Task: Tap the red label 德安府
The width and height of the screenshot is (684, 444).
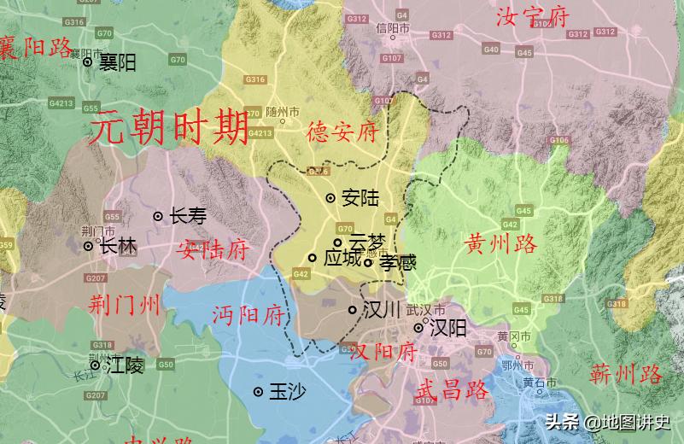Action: [342, 132]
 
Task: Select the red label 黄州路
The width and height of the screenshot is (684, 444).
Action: [501, 244]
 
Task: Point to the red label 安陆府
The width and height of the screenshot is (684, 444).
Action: [213, 250]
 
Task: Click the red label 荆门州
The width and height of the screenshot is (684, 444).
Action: [125, 303]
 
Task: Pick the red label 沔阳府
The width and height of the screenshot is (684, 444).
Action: [248, 315]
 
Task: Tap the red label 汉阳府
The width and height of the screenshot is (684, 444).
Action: [383, 351]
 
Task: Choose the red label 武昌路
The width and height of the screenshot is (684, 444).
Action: [452, 390]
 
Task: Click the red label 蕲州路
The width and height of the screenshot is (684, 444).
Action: [626, 373]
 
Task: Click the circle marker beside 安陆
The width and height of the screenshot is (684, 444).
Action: [330, 198]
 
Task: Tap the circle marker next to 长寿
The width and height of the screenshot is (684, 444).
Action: [158, 217]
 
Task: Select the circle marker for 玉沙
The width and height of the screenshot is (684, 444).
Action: [258, 392]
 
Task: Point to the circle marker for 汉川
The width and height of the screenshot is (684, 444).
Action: [353, 310]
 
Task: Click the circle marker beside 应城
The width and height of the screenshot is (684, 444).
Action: [313, 258]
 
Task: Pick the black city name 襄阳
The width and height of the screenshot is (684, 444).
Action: [117, 62]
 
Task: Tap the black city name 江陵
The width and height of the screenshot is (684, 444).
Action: [126, 366]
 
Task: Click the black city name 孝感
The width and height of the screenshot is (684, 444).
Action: [398, 263]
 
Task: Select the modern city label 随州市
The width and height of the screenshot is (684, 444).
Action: [283, 112]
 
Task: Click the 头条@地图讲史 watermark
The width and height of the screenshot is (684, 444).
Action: [608, 422]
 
